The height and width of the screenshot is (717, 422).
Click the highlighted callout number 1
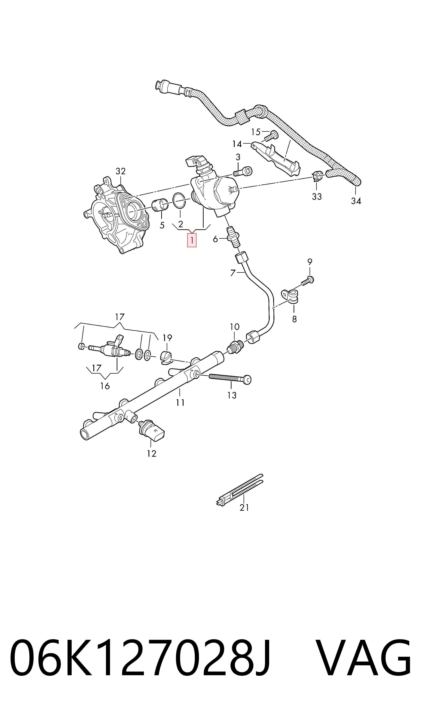pos(192,240)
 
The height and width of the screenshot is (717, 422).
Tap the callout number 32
pos(121,171)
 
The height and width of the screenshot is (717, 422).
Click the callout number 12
pos(152,454)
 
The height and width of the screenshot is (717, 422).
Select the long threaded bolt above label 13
pos(230,378)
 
